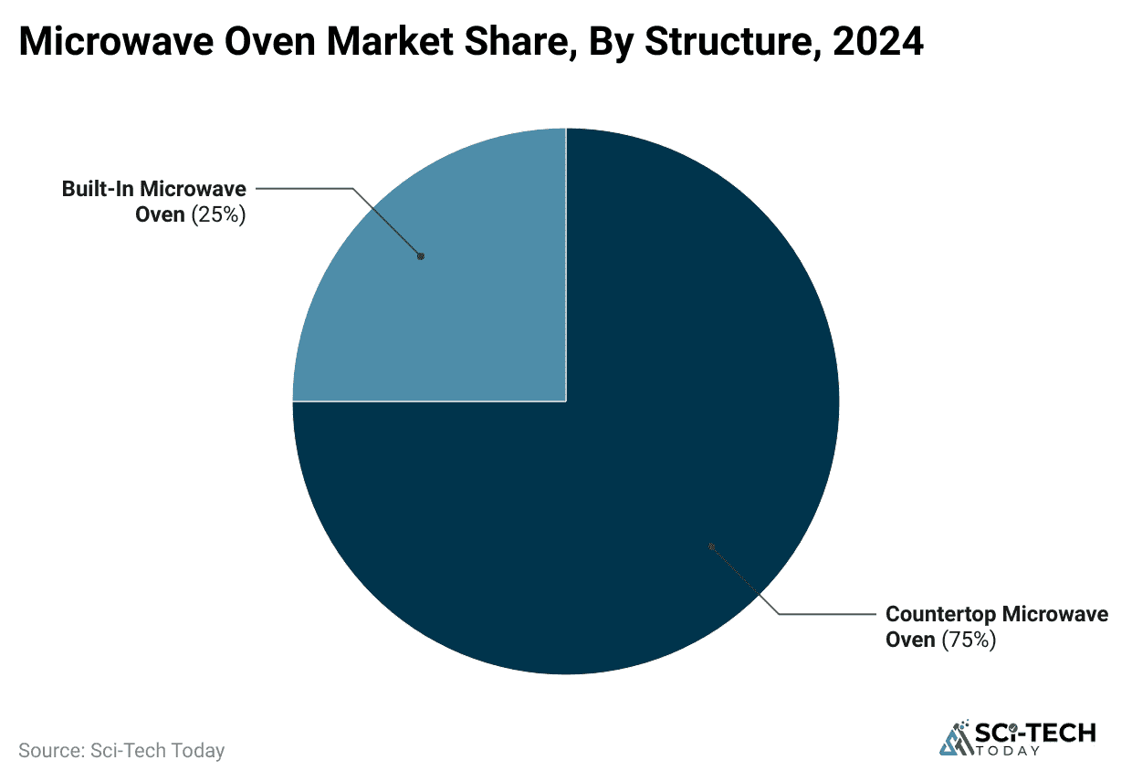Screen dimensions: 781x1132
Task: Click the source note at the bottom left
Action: click(x=121, y=751)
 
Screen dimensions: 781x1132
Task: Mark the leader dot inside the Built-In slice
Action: click(x=421, y=256)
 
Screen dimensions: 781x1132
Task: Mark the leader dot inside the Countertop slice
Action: click(x=711, y=547)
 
